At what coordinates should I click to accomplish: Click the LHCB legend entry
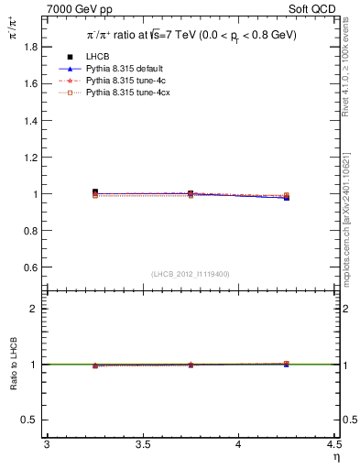tap(98, 57)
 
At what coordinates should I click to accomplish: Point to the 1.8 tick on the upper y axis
tap(31, 46)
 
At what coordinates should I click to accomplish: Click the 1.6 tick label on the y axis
tap(31, 83)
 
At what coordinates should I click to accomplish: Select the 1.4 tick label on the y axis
tap(31, 120)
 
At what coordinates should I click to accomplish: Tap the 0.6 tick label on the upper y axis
tap(31, 267)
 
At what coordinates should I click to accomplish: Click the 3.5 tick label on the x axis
tap(142, 445)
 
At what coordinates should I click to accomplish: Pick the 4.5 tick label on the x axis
tap(333, 445)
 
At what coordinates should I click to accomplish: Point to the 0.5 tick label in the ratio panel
tap(31, 420)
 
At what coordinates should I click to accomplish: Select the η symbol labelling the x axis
tap(334, 457)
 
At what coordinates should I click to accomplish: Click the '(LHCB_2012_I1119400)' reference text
tap(191, 274)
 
